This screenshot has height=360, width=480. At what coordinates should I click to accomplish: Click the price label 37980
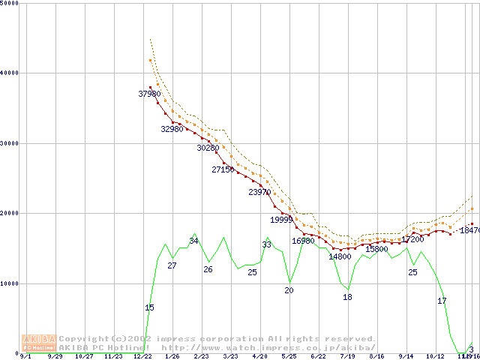pyautogui.click(x=150, y=94)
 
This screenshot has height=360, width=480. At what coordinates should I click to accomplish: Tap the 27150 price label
pyautogui.click(x=223, y=170)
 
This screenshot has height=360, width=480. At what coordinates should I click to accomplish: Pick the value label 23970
pyautogui.click(x=259, y=193)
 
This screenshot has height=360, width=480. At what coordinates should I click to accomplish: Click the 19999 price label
pyautogui.click(x=281, y=220)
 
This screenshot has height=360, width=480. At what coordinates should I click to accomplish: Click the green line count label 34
pyautogui.click(x=193, y=241)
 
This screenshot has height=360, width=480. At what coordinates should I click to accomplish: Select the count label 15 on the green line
pyautogui.click(x=149, y=307)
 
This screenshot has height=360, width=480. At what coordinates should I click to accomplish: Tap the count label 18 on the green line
pyautogui.click(x=347, y=297)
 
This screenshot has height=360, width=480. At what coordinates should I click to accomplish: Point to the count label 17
pyautogui.click(x=442, y=301)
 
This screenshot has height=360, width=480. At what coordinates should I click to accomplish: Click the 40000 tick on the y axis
pyautogui.click(x=9, y=73)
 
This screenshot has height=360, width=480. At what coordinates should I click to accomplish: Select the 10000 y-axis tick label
pyautogui.click(x=9, y=283)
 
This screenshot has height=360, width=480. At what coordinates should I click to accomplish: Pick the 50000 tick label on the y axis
pyautogui.click(x=9, y=3)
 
